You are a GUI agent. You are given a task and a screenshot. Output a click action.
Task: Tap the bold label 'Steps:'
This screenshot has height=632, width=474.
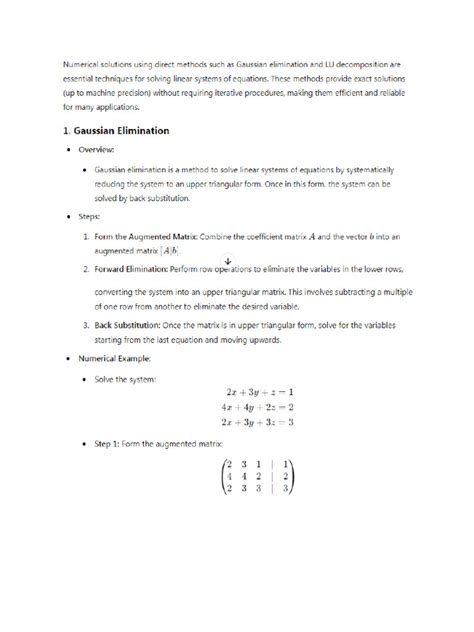click(x=88, y=215)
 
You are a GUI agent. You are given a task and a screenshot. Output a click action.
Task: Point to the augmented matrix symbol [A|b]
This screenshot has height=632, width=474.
click(x=198, y=250)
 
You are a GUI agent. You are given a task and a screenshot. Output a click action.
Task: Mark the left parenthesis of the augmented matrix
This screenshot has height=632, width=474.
click(x=223, y=476)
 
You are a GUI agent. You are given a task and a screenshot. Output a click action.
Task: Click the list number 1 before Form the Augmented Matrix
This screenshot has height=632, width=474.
click(x=86, y=235)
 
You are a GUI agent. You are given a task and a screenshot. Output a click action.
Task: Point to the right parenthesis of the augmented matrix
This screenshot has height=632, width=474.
click(x=293, y=476)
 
